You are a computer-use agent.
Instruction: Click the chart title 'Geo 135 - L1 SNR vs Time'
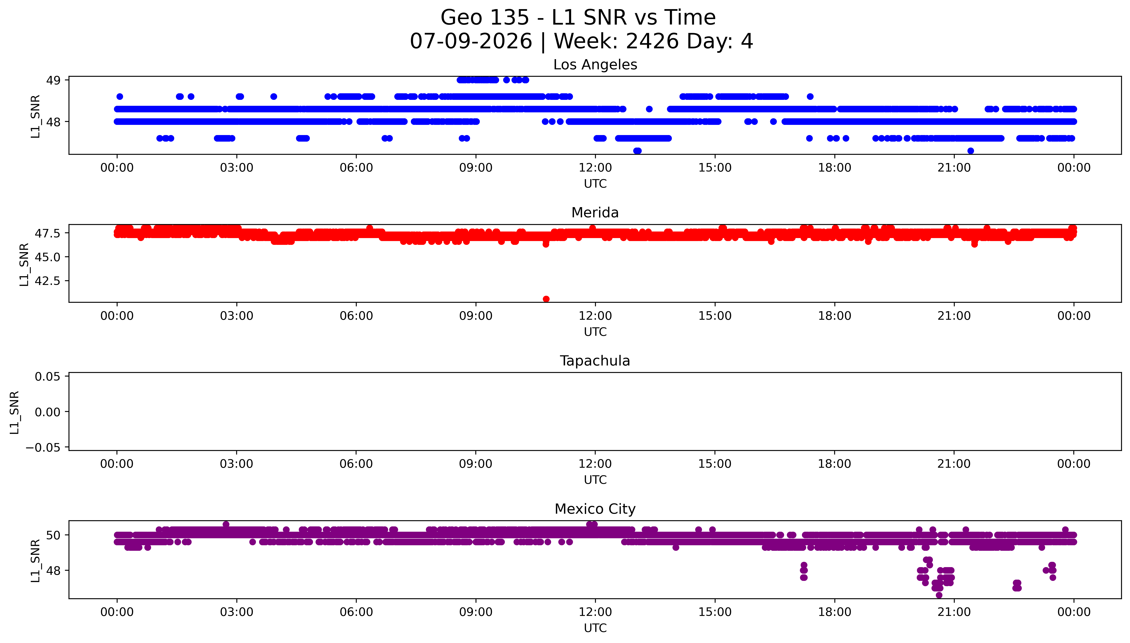(578, 18)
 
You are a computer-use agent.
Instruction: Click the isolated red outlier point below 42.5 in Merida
(546, 299)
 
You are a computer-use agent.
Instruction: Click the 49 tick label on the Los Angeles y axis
(53, 80)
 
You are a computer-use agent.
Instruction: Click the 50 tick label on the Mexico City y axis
(53, 535)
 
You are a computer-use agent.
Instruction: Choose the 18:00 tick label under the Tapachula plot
(834, 464)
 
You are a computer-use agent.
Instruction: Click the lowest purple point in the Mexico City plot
(939, 595)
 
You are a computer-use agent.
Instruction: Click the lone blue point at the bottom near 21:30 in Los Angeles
(970, 151)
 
